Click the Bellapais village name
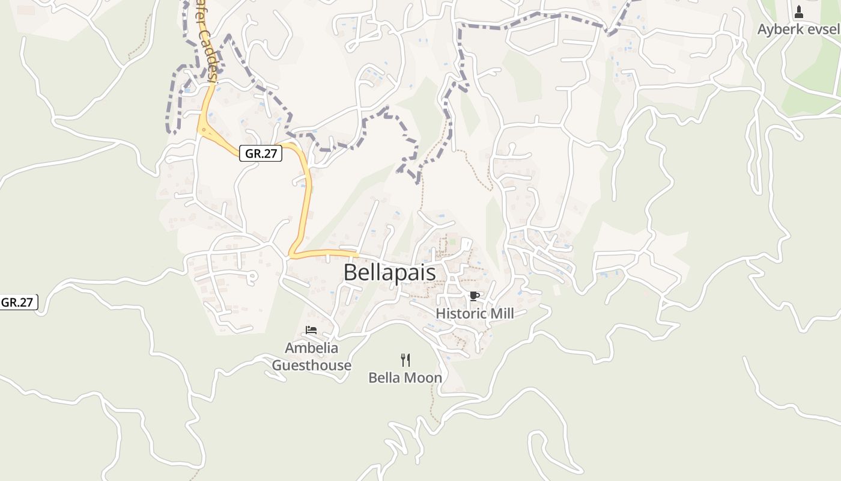click(389, 272)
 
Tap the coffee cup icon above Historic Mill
click(474, 295)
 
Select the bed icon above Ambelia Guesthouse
click(311, 329)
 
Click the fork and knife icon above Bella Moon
click(405, 360)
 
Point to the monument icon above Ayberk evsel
click(799, 11)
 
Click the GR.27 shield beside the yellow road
click(261, 153)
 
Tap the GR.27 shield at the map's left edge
click(18, 302)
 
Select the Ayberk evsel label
click(798, 29)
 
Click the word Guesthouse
click(311, 365)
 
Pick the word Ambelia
click(311, 348)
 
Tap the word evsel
click(824, 29)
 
